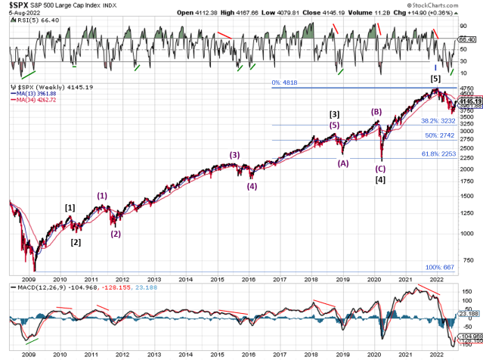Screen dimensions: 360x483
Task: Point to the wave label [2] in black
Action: pos(76,242)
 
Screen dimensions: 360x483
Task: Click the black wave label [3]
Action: pos(334,114)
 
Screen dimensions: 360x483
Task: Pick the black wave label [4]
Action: pos(381,180)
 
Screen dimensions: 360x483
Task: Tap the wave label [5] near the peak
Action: pos(436,78)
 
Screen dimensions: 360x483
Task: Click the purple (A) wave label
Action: pos(342,163)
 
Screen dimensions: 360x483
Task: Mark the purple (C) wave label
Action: pos(381,169)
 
